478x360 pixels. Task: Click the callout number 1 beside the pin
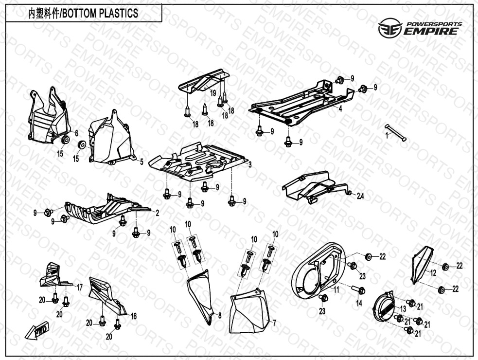click(x=387, y=136)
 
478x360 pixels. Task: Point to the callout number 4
click(x=340, y=109)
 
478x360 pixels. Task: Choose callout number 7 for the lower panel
click(x=274, y=323)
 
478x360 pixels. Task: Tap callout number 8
click(x=219, y=316)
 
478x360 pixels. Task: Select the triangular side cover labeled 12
click(x=421, y=265)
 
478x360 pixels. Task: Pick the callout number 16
click(x=134, y=316)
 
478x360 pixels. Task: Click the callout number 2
click(x=157, y=213)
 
